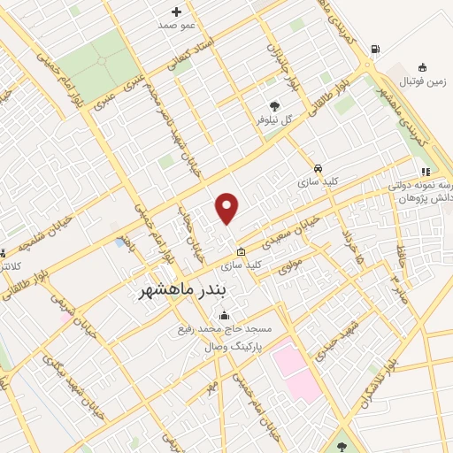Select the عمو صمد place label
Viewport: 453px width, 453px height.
pyautogui.click(x=175, y=26)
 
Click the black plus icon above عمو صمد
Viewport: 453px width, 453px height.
pyautogui.click(x=176, y=12)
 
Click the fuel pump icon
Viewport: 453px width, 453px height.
pyautogui.click(x=376, y=50)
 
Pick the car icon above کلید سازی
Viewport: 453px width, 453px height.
pyautogui.click(x=317, y=166)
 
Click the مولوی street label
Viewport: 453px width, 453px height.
pyautogui.click(x=289, y=264)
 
